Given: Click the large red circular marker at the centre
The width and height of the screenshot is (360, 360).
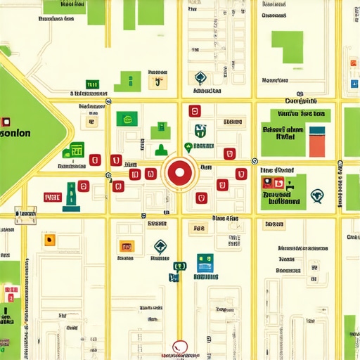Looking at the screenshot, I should pyautogui.click(x=179, y=172).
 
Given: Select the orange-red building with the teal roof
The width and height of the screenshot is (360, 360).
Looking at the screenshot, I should pyautogui.click(x=317, y=141).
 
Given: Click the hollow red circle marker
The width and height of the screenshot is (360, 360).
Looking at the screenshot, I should pyautogui.click(x=181, y=345).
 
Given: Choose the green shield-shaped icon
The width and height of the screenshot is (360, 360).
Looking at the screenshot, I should pyautogui.click(x=200, y=130).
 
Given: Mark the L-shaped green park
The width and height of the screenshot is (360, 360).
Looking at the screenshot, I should pyautogui.click(x=287, y=48).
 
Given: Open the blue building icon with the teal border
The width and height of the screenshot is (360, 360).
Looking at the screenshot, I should pyautogui.click(x=205, y=263).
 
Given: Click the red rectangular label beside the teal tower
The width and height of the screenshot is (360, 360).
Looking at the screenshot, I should pyautogui.click(x=53, y=197).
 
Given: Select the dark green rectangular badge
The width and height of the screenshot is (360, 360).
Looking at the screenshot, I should pyautogui.click(x=92, y=84).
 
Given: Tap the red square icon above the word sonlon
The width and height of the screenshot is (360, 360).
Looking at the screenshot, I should pyautogui.click(x=5, y=121).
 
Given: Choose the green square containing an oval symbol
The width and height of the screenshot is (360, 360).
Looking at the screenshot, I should pyautogui.click(x=127, y=119).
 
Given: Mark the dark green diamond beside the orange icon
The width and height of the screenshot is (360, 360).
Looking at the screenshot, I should pyautogui.click(x=160, y=246).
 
